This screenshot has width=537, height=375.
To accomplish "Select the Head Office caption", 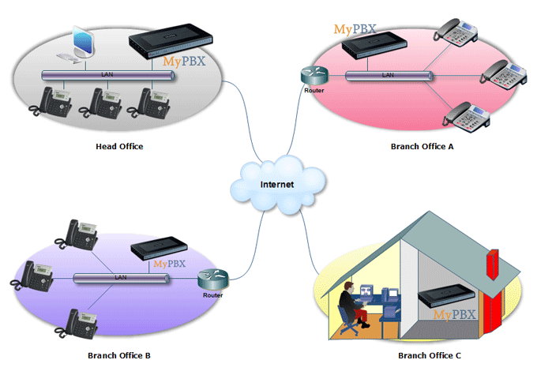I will point(119,147).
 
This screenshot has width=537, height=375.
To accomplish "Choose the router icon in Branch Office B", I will point(212,279).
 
